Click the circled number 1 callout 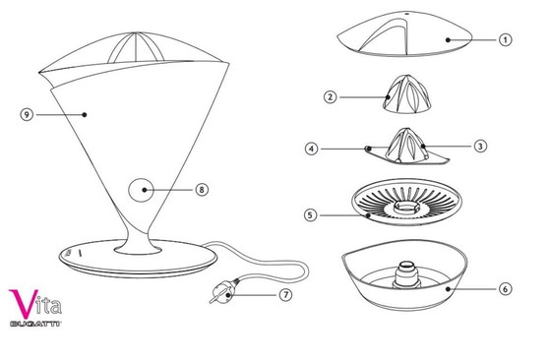click(505, 39)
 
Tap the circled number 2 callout click(330, 97)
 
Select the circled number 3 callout click(480, 146)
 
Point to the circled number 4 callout click(311, 149)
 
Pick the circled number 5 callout click(310, 215)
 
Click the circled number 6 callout click(505, 289)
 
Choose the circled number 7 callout click(285, 295)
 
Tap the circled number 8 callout click(202, 190)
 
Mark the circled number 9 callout click(27, 114)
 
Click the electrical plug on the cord click(222, 292)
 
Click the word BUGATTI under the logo click(35, 324)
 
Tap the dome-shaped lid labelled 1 click(405, 33)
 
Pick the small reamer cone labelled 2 click(406, 93)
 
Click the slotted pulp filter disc click(406, 202)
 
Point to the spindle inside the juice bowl click(406, 274)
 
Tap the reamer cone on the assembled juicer click(136, 48)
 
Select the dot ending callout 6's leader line click(448, 289)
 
